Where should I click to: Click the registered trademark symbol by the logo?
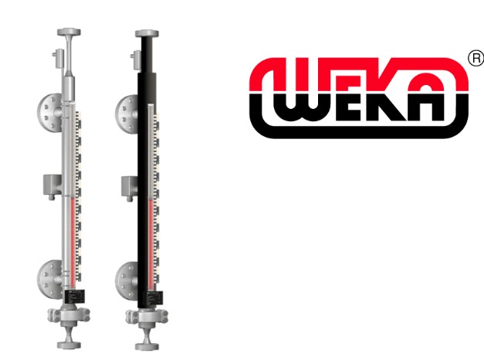[476, 58]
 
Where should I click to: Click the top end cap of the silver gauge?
[69, 32]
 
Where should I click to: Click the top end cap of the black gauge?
[147, 33]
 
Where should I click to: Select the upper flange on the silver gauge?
[49, 114]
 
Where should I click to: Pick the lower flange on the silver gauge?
[49, 279]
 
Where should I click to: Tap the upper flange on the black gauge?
[127, 114]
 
